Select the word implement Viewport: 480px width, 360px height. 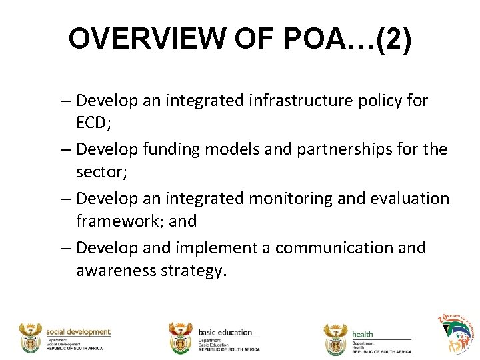(209, 247)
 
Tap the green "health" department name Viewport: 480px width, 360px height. (363, 334)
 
